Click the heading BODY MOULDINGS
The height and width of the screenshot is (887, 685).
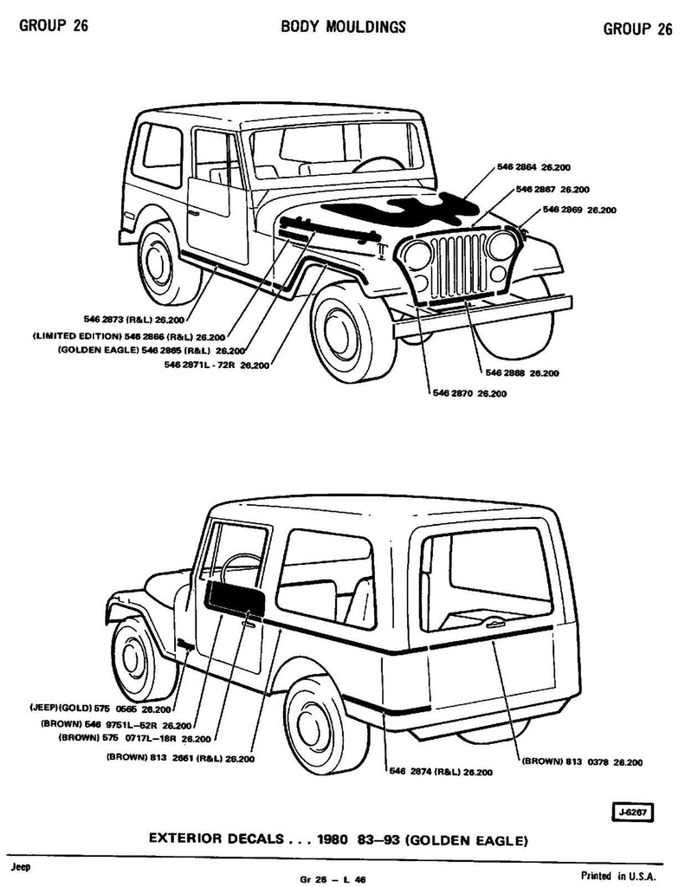pos(343,28)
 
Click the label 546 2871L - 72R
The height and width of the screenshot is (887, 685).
pos(215,365)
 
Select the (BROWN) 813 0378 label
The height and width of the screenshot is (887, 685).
pos(581,762)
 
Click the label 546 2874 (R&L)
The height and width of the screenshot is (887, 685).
pos(441,772)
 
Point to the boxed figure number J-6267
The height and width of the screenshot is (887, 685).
pos(631,813)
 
